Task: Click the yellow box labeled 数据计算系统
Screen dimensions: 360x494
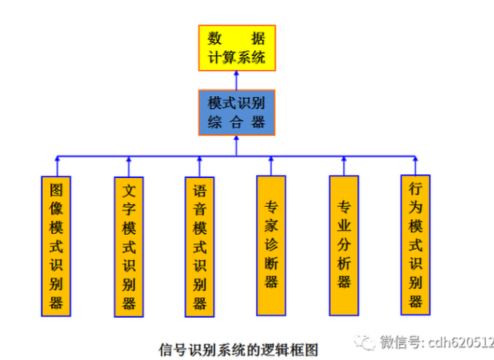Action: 237,48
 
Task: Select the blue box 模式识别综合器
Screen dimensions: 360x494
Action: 237,111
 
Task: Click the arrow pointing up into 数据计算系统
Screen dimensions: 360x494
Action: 237,78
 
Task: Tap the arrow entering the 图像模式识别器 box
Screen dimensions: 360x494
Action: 58,167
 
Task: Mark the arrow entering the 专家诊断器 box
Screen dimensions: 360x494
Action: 272,167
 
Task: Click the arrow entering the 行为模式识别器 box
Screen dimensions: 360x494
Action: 416,167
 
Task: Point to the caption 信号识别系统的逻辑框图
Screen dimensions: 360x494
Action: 237,349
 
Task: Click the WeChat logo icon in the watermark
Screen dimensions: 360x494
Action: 366,340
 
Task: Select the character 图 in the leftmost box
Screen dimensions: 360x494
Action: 58,190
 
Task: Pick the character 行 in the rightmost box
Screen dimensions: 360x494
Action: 416,189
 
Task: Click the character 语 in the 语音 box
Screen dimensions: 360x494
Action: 199,190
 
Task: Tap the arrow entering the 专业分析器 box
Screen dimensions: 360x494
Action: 344,167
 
